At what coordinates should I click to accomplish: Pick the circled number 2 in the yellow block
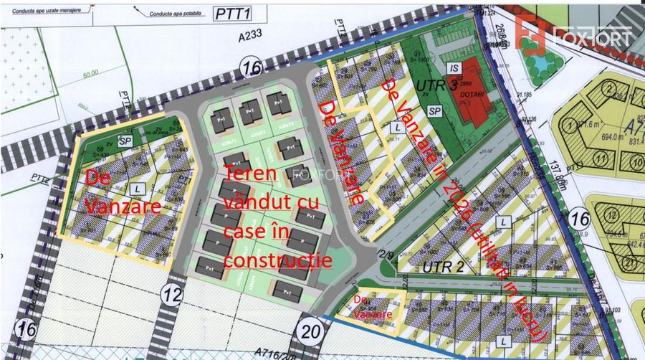[x=609, y=90]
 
